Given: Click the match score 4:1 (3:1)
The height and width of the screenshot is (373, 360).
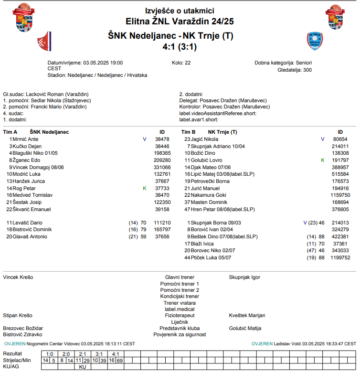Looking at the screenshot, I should tap(180, 47).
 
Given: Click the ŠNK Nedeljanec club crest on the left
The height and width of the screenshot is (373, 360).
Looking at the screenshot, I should tap(44, 42).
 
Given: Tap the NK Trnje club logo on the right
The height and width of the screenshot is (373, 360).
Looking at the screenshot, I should tap(315, 41).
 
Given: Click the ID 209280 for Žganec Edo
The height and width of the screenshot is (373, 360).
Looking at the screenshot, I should tap(162, 160).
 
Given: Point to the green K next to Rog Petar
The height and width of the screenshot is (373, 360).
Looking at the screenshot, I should tap(144, 188).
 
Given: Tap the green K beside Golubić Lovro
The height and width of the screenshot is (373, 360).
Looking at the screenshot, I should tap(322, 160).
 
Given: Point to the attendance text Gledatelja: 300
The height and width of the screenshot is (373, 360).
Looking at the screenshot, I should tap(295, 70).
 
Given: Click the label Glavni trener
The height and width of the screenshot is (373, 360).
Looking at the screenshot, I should tap(180, 277).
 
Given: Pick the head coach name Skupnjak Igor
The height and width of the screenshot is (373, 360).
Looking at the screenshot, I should tap(244, 277).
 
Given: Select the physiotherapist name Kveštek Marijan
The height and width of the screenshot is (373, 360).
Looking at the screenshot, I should tap(247, 315).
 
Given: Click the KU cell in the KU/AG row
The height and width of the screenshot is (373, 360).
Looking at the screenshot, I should tap(82, 367).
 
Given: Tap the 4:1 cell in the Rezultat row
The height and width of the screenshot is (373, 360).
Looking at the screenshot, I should tap(116, 354).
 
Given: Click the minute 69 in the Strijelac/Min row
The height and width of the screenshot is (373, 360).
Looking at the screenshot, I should tap(120, 360).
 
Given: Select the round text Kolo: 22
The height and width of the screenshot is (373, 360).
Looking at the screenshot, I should tap(181, 63).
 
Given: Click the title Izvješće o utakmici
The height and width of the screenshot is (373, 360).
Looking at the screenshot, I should tap(180, 11).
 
